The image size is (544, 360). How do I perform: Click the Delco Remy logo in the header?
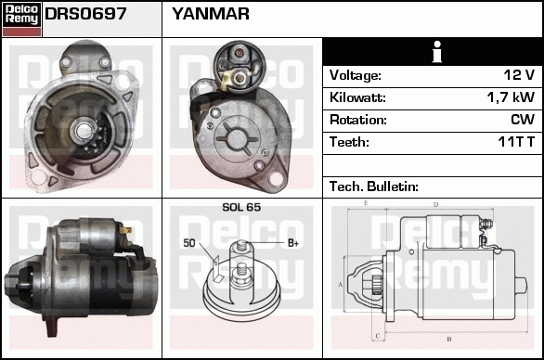point(21,19)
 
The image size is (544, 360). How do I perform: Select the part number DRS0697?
point(85,14)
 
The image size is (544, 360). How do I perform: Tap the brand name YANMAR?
point(211,14)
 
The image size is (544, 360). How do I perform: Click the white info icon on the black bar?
point(437,52)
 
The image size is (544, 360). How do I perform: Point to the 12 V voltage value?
point(519,75)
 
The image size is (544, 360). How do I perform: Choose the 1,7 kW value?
point(511,97)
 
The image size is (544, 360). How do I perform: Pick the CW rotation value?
point(523,120)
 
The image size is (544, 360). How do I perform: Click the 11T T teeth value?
point(516,142)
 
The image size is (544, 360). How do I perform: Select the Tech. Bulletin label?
point(374,186)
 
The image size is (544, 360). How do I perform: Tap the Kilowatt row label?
point(357,97)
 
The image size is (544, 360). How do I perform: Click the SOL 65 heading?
point(241,207)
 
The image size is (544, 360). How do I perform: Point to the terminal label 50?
point(189,243)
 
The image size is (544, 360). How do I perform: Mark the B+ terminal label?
point(293,243)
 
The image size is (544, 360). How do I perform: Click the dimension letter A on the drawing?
point(340,285)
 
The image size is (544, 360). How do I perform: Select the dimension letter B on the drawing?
point(449,339)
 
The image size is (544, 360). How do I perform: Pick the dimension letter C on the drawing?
point(378,336)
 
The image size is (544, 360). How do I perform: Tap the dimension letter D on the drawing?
point(436,205)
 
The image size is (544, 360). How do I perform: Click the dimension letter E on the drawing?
point(366,203)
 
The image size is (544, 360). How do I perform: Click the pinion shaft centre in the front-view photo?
point(84,131)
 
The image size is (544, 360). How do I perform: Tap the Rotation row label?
point(358,120)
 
